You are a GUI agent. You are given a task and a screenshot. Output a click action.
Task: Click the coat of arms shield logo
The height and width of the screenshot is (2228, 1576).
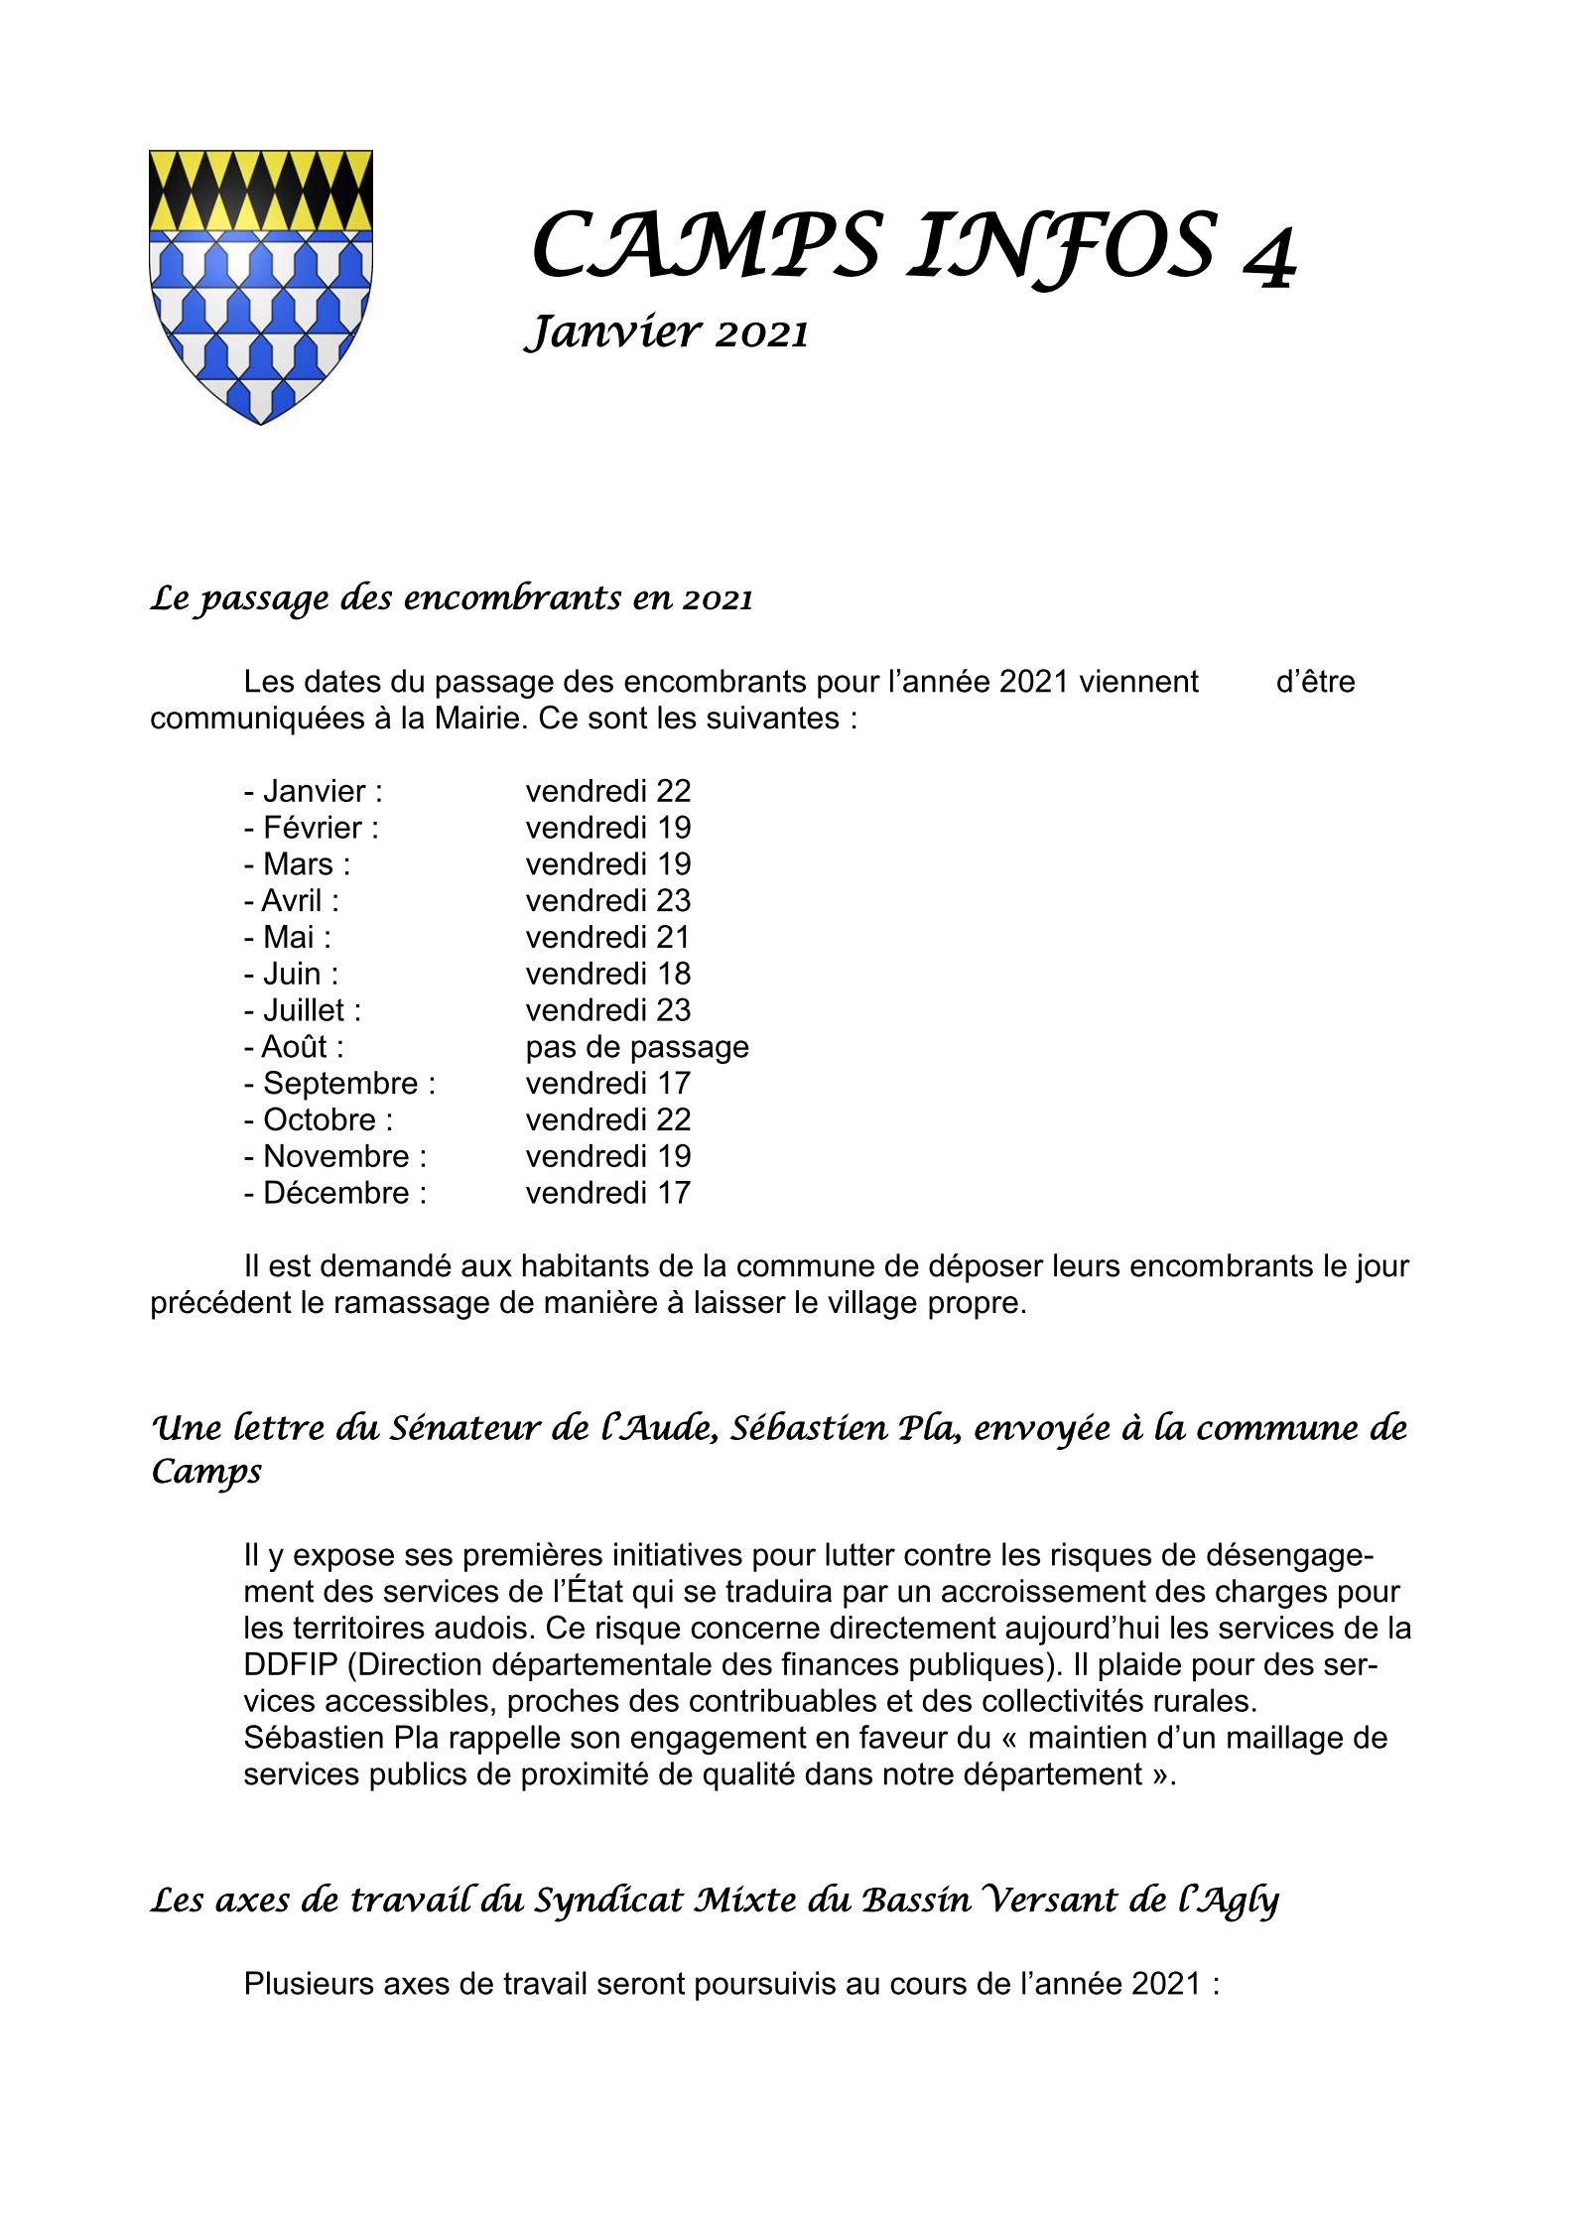[260, 286]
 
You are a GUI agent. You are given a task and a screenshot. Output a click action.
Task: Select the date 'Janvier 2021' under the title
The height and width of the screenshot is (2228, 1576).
[666, 332]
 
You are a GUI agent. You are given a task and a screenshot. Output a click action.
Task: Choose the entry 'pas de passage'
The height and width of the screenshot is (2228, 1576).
[637, 1047]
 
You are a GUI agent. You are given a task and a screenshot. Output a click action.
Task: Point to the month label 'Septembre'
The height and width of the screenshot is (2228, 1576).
[340, 1084]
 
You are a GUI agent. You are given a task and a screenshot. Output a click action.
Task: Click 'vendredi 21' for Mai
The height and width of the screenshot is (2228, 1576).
[607, 938]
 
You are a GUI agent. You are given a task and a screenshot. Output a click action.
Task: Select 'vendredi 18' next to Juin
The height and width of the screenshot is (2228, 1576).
[607, 975]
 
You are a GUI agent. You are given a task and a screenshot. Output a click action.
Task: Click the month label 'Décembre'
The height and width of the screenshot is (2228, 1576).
[335, 1193]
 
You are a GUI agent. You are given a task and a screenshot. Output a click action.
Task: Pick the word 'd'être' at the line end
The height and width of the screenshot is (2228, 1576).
[1315, 682]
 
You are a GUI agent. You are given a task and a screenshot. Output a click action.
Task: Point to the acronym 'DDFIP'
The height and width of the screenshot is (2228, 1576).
[291, 1665]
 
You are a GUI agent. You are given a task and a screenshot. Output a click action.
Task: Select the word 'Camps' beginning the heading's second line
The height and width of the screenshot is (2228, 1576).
[206, 1472]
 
